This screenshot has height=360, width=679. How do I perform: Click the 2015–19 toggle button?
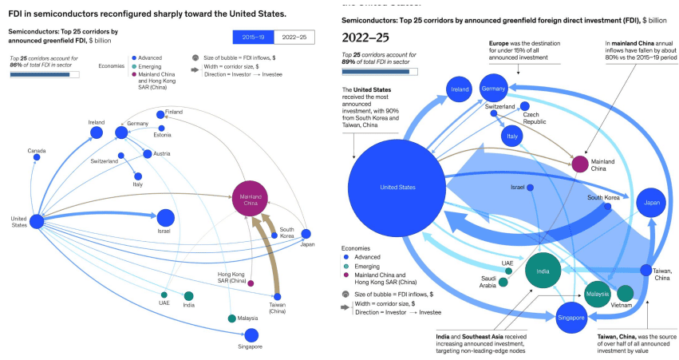[253, 38]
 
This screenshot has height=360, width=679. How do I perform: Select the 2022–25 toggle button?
[294, 38]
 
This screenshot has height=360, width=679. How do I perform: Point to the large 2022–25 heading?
[365, 38]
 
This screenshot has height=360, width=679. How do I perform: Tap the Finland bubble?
[160, 115]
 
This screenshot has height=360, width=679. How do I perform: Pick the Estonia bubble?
[161, 129]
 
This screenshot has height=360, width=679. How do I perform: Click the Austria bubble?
[148, 154]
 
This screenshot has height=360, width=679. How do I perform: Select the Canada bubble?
[37, 157]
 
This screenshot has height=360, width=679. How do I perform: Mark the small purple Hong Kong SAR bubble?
[251, 283]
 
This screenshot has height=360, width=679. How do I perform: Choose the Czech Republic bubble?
[525, 106]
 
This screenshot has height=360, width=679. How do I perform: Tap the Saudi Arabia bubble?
[503, 283]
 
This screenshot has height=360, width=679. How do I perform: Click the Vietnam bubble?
[626, 293]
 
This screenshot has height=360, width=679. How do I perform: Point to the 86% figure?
[16, 65]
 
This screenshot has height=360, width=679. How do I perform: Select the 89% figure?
[348, 62]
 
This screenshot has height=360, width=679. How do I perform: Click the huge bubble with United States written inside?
[397, 188]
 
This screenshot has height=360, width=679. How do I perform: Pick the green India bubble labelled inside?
[543, 271]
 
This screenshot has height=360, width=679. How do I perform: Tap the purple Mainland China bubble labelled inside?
[251, 199]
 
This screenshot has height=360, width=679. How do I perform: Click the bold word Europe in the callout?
[499, 43]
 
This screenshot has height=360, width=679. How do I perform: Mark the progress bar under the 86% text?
[45, 75]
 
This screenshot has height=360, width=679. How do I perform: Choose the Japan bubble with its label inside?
[651, 203]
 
